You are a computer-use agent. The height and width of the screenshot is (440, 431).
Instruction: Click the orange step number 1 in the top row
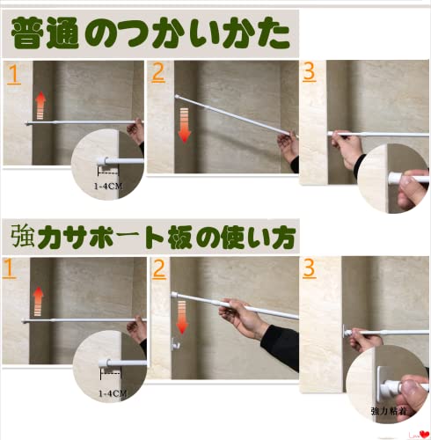pos(14,75)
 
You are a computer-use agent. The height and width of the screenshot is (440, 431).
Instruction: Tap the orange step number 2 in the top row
pos(158,72)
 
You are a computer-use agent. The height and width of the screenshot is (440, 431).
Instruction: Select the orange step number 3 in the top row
pos(310,72)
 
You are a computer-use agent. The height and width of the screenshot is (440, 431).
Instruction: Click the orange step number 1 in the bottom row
pos(9,268)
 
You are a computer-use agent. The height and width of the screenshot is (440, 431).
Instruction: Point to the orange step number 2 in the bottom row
pos(159,269)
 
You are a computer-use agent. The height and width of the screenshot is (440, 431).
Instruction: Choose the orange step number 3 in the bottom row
pos(310,268)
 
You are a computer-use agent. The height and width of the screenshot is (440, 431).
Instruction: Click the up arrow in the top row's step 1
pos(40,106)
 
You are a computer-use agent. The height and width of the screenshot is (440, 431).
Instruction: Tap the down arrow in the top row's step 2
pos(185,126)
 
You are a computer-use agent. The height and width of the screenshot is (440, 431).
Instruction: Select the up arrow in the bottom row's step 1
pos(38,302)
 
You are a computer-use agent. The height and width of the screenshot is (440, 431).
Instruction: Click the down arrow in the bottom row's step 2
pos(182,318)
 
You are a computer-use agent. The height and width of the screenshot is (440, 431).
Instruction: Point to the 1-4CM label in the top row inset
pos(107,186)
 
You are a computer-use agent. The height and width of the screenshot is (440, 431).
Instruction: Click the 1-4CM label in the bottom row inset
pos(113,393)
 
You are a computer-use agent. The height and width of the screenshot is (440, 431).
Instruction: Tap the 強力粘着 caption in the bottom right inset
pos(389,411)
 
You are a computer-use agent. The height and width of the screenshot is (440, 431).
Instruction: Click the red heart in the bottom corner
pos(424,434)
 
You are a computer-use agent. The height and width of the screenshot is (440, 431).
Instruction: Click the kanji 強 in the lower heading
pos(23,236)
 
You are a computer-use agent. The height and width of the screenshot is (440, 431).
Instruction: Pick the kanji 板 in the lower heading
pos(179,237)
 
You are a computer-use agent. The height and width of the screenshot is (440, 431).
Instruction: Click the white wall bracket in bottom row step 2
pos(175,343)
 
